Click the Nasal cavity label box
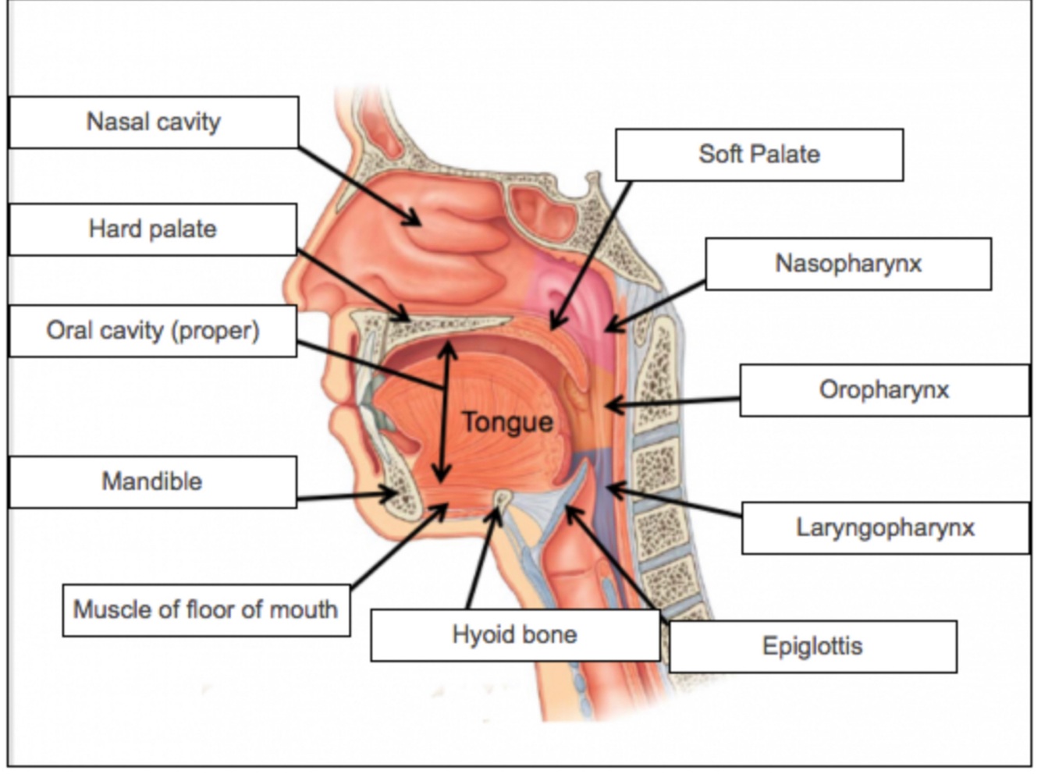pos(154,122)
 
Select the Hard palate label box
pos(153,229)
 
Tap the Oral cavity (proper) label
pos(153,331)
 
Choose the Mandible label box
pos(153,481)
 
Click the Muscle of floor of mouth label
pos(206,609)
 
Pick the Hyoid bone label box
pos(515,634)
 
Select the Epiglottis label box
pos(812,646)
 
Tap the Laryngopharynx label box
pos(885,527)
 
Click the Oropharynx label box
pos(884,389)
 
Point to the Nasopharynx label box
pos(848,264)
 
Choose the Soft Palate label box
pos(759,154)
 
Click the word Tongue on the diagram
pos(507,422)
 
